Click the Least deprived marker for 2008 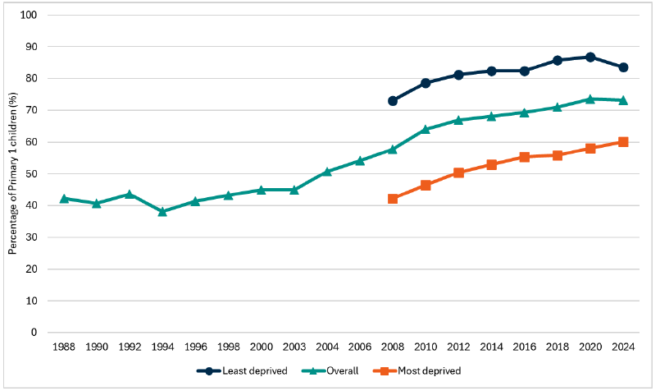(393, 101)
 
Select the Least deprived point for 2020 (590, 57)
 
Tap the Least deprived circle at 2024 (623, 67)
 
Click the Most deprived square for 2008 (393, 199)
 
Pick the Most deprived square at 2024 (623, 142)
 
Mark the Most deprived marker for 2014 (492, 164)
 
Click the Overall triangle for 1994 (162, 211)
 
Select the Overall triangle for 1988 (64, 198)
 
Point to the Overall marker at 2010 (426, 129)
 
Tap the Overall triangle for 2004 (327, 171)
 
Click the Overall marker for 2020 (590, 99)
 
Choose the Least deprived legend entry (242, 371)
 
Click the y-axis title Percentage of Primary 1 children (13, 174)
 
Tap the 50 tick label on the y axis (32, 174)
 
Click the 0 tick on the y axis (34, 333)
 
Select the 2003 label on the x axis (294, 348)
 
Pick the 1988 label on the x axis (64, 348)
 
